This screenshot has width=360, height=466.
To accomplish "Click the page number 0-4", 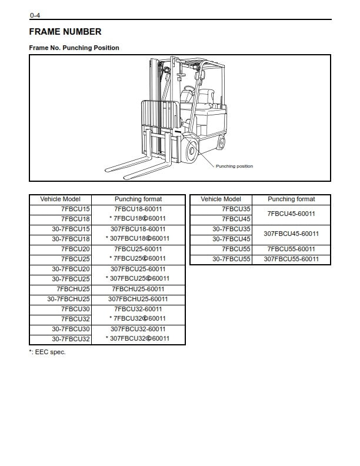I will click(35, 15).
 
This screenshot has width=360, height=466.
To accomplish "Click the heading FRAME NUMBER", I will click(65, 32).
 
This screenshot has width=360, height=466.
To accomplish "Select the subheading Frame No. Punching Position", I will click(74, 48).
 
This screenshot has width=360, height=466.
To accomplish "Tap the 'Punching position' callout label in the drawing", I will click(234, 167).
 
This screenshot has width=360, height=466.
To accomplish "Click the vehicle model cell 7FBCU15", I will click(75, 209).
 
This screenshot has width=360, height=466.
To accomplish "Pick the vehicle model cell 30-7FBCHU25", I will click(69, 299).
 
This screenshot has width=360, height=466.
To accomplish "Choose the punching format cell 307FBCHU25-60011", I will click(138, 299).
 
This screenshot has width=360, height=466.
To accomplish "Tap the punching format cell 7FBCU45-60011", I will click(291, 214).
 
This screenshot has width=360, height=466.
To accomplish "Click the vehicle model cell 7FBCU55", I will click(237, 249).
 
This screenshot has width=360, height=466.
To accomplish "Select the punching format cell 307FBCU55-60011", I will click(291, 259).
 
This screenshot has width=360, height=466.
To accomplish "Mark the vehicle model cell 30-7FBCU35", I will click(231, 229).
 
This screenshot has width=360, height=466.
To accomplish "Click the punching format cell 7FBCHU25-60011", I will click(138, 289).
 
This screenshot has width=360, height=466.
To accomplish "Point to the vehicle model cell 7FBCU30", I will click(75, 309).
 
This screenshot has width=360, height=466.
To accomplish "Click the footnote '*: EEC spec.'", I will click(48, 352).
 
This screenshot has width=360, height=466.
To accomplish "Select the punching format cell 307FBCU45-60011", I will click(291, 234).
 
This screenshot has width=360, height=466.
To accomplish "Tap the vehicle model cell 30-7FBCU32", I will click(71, 339).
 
